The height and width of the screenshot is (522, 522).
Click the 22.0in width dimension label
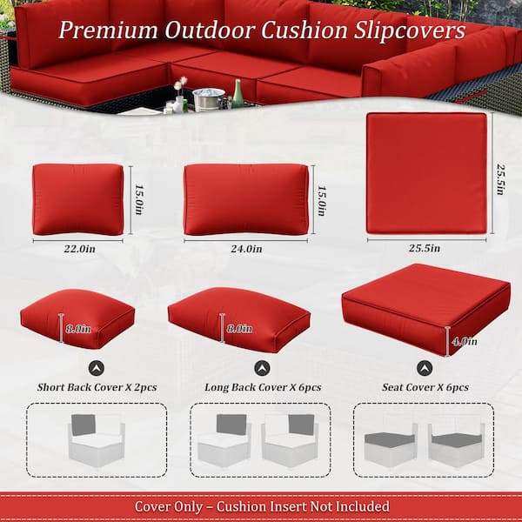point(78,248)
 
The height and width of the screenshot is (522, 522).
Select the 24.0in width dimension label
point(246,248)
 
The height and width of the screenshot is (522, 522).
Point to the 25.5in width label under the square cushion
point(425,248)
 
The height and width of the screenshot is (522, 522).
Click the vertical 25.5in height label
point(500,173)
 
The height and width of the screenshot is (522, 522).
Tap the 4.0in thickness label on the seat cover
point(462,341)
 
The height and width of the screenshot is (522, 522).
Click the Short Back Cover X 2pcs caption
point(97,386)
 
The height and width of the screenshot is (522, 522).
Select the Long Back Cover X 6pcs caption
point(262,386)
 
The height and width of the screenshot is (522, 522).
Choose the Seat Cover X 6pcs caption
point(425,386)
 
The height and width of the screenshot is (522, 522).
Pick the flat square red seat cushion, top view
point(425,172)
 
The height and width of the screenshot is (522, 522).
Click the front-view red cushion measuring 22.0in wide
point(78,199)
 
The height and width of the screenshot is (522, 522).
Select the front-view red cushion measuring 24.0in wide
point(246,199)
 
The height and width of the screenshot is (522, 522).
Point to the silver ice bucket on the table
point(208,98)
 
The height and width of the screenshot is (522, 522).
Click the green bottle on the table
point(238,93)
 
